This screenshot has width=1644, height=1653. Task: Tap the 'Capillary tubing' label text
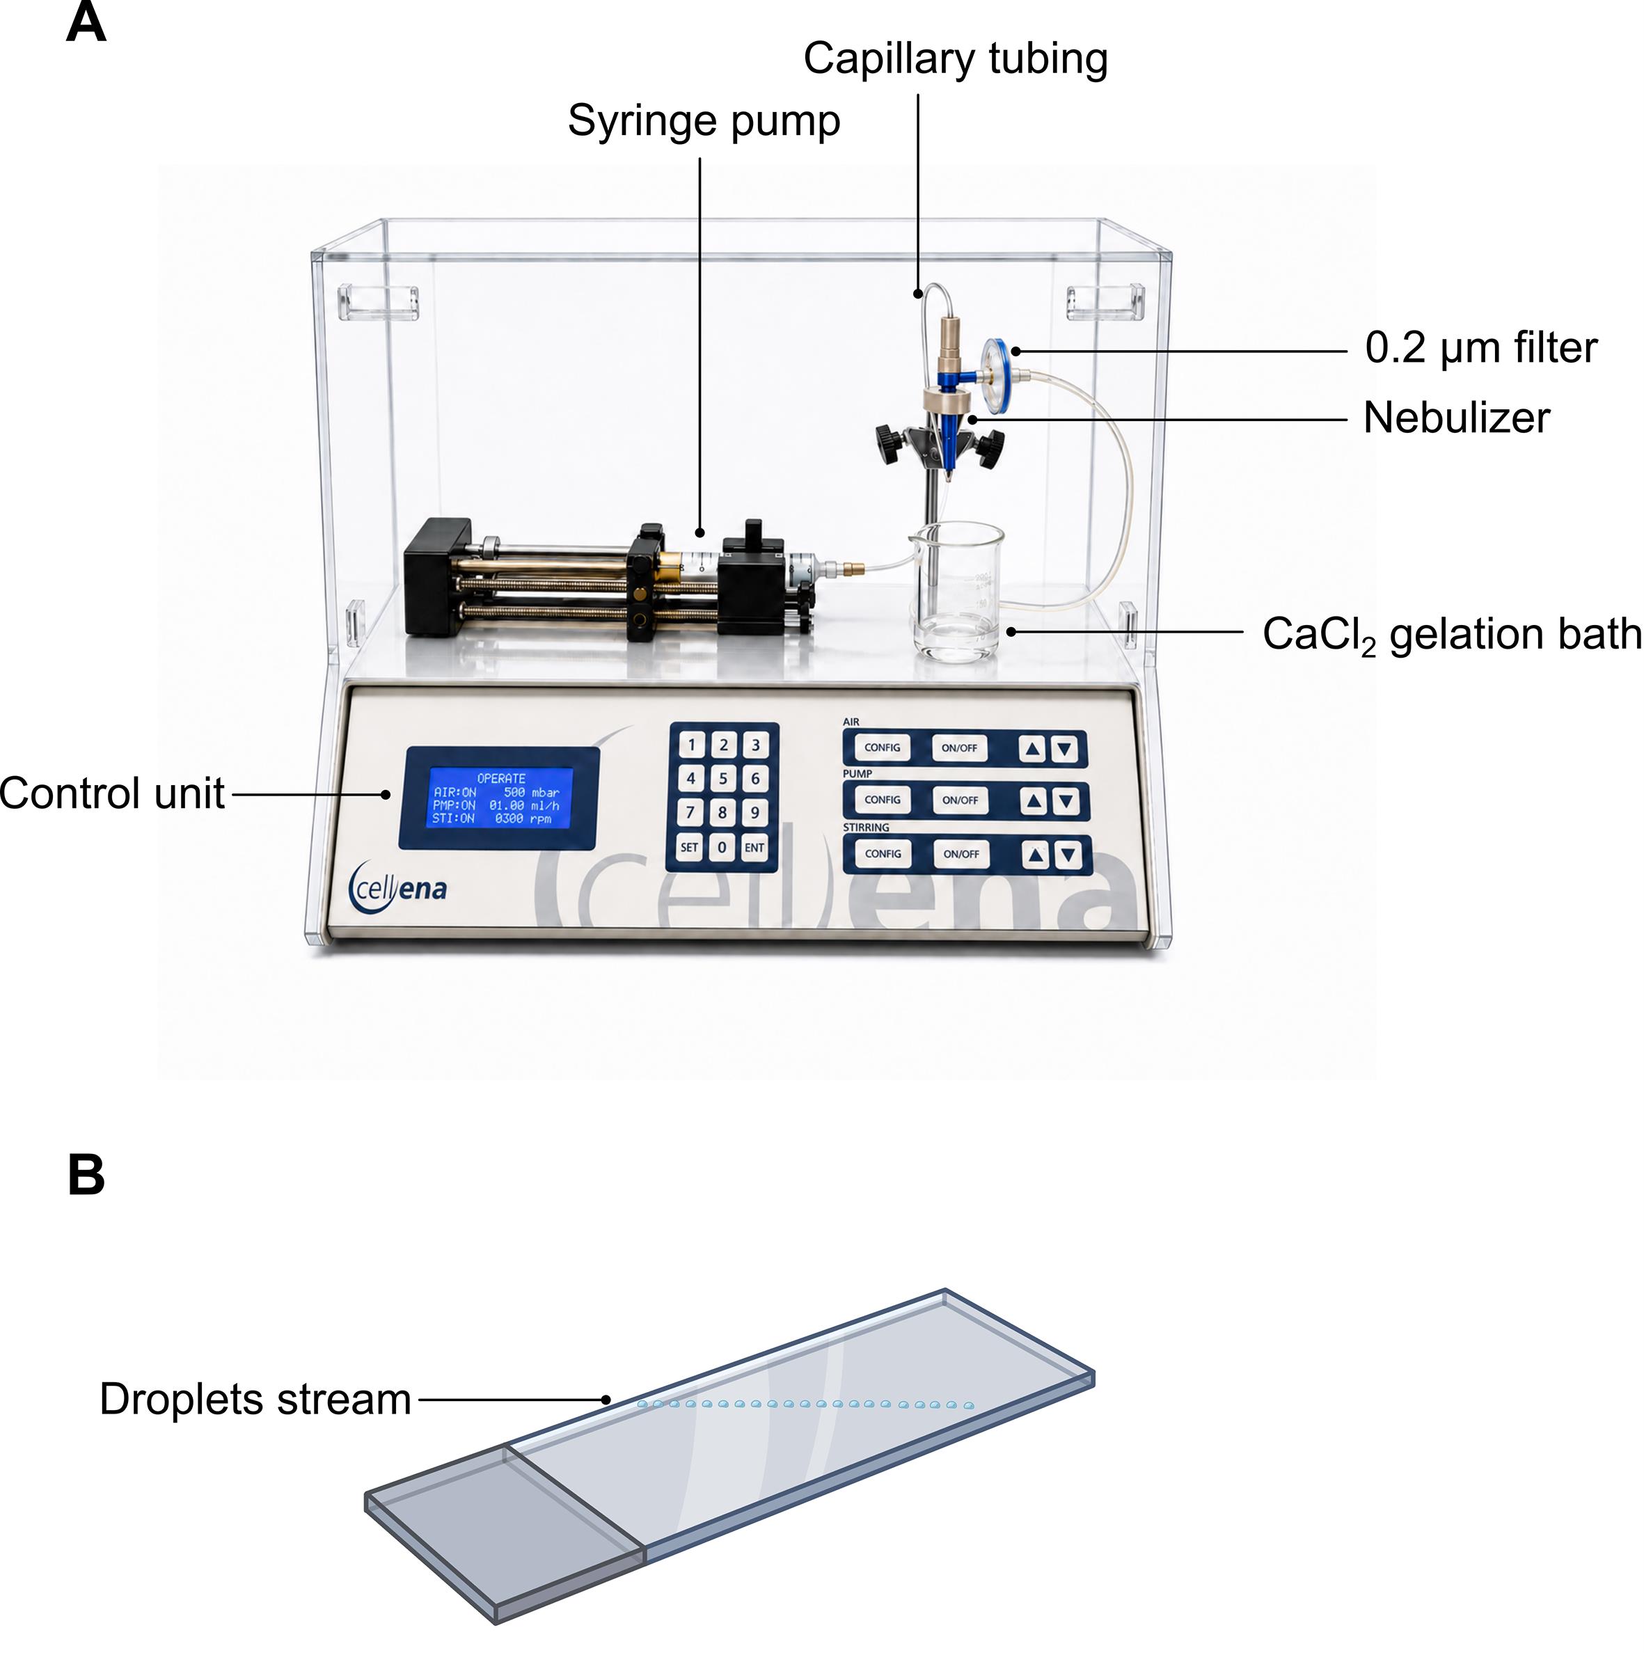(x=955, y=59)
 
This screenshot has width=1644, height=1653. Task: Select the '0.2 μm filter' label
(x=1480, y=348)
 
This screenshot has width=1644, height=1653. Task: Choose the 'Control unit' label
(x=112, y=793)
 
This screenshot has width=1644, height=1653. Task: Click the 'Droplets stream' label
(x=255, y=1400)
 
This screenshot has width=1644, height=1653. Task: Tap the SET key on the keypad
(x=689, y=848)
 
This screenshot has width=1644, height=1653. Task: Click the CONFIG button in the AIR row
(x=883, y=748)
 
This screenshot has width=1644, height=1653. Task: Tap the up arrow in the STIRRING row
(x=1036, y=855)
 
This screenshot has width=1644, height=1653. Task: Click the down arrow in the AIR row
(x=1065, y=750)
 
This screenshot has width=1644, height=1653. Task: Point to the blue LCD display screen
(x=502, y=798)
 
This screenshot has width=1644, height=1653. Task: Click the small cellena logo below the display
(x=398, y=887)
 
